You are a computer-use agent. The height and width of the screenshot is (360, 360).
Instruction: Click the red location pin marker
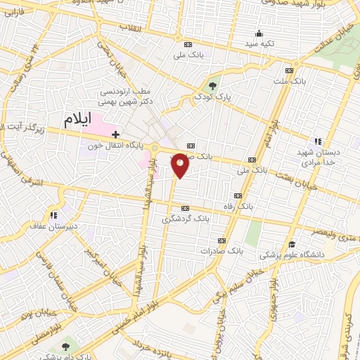[180, 165]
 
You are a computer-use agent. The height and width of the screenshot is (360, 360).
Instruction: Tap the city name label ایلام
[77, 119]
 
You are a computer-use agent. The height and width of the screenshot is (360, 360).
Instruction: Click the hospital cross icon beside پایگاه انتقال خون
[115, 134]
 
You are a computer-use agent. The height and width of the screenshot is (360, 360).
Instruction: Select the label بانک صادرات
[221, 250]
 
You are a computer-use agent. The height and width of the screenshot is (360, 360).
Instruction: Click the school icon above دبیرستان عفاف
[53, 215]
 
